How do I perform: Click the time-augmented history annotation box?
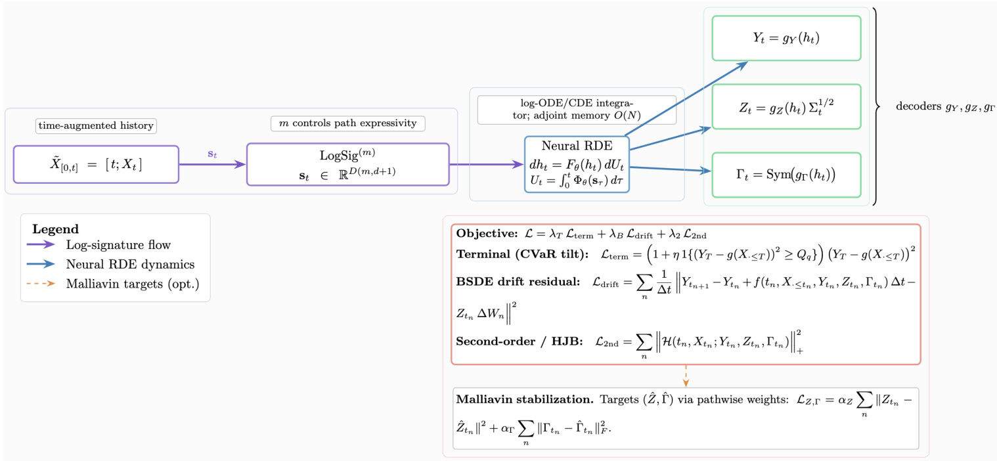pos(95,125)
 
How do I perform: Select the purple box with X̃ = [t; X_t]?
pos(96,164)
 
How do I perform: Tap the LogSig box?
pos(347,164)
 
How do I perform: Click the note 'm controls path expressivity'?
pos(348,123)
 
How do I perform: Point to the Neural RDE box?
pos(577,164)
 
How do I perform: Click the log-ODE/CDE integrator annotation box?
pos(577,109)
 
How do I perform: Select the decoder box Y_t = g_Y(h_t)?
pos(786,38)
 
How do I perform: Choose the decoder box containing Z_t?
pos(786,106)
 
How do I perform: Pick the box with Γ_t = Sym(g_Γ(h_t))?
pos(786,175)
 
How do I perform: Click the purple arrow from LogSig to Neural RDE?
pos(486,164)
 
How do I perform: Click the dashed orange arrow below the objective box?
pos(686,375)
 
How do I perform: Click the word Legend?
pos(55,229)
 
